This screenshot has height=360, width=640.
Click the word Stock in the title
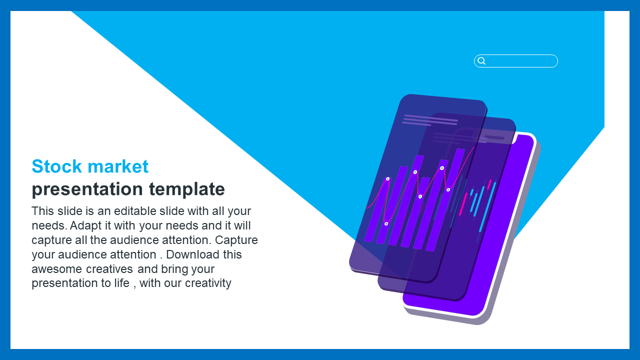coord(57,166)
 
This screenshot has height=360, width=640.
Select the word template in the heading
coord(187,189)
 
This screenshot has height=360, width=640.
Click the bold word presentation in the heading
coord(87,189)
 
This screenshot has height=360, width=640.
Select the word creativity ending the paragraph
coord(208,283)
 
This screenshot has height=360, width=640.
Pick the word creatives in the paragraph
coord(109,269)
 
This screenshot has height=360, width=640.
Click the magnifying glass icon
coord(481,61)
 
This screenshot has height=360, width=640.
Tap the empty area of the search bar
coord(521,61)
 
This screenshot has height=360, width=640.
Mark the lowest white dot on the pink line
coord(386,224)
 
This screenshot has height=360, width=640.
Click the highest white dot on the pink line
coord(442,168)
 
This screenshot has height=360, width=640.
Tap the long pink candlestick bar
coord(463,204)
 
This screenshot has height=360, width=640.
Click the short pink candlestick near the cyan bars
coord(489,184)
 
